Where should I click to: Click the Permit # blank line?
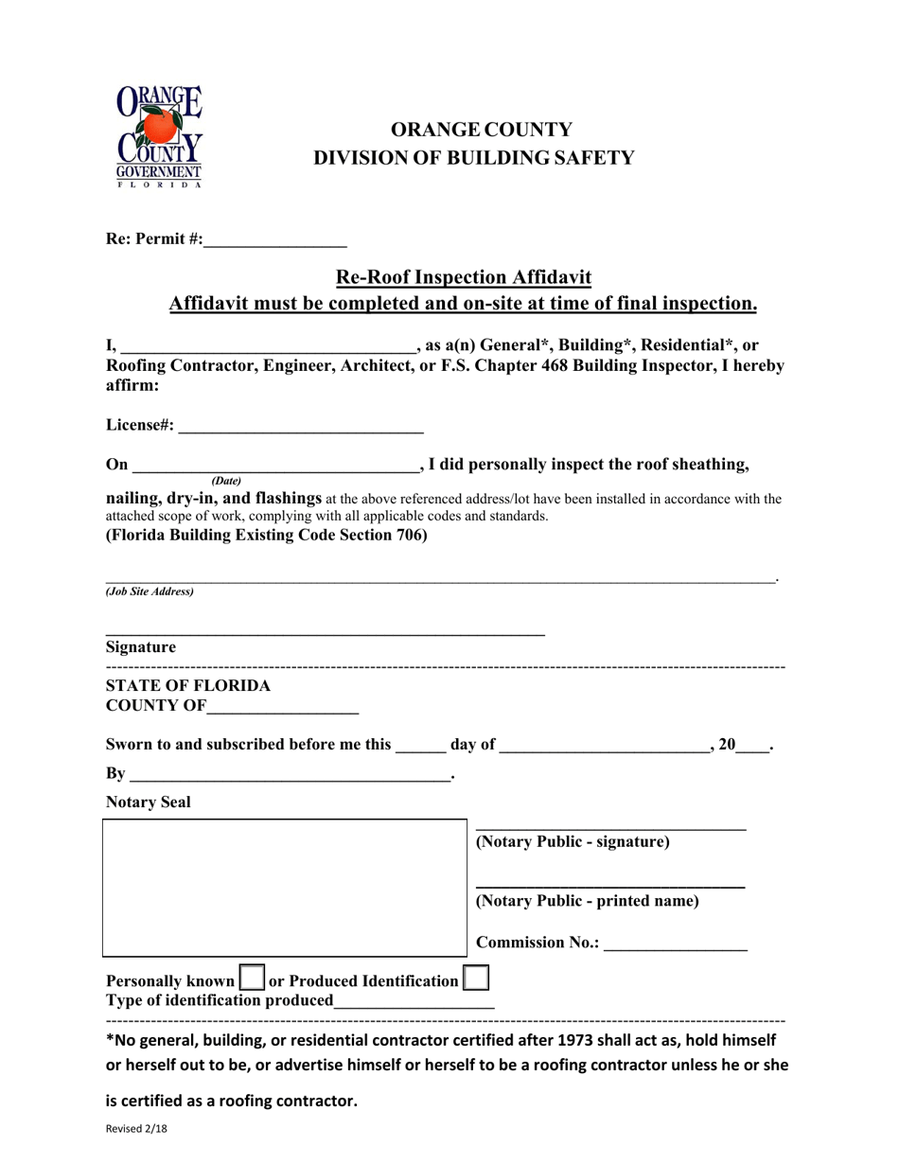click(x=274, y=240)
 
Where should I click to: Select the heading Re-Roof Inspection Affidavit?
click(x=464, y=277)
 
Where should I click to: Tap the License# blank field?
click(x=300, y=426)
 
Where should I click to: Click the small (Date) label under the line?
click(x=226, y=481)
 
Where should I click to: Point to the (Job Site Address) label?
click(x=150, y=591)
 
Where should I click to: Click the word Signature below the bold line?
click(x=141, y=647)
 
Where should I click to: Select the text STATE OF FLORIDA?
click(x=188, y=685)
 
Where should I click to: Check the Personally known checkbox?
click(x=252, y=977)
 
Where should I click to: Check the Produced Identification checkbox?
click(x=476, y=977)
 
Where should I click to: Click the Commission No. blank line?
click(x=675, y=944)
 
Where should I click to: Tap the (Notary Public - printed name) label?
click(x=587, y=901)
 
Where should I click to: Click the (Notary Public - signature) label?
click(x=573, y=842)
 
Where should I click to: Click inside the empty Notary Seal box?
click(x=284, y=888)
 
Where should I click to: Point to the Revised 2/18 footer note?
click(x=136, y=1129)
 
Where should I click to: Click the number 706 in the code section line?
click(x=413, y=535)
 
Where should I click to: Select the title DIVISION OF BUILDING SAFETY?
click(x=474, y=158)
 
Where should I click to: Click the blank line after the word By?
click(x=290, y=775)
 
